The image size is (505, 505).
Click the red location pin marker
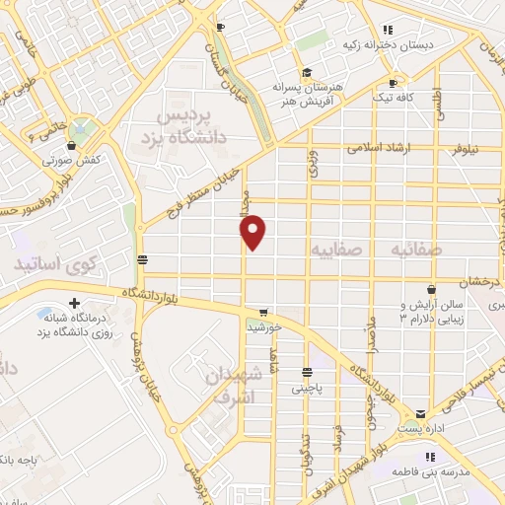point(253,232)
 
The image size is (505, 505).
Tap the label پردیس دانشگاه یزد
point(193,127)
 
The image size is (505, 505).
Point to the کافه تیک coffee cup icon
point(394,83)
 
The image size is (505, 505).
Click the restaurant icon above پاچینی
point(308,373)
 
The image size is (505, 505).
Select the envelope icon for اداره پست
point(421,413)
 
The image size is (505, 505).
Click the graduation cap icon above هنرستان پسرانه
point(307,72)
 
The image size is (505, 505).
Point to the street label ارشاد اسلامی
point(382,148)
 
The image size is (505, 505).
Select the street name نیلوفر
point(465,150)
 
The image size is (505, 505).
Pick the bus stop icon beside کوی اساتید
point(144,259)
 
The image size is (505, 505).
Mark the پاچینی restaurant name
point(308,389)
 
